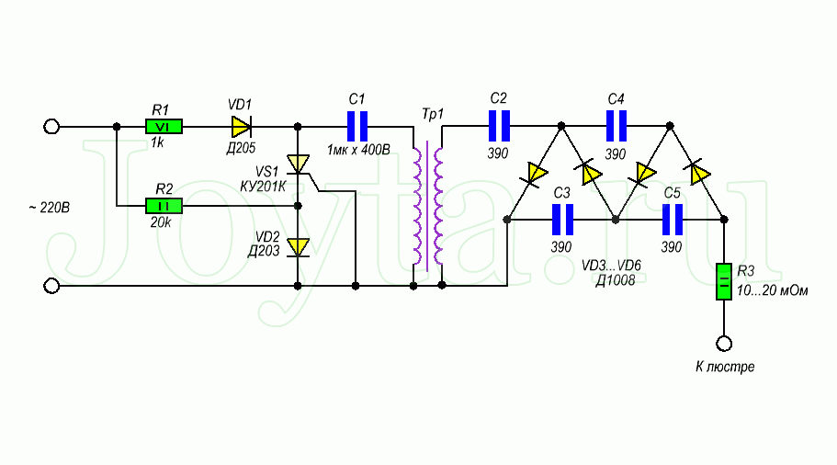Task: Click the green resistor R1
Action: pyautogui.click(x=164, y=126)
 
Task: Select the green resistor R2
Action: pyautogui.click(x=164, y=206)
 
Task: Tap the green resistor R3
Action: pyautogui.click(x=724, y=280)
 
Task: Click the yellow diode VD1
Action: pyautogui.click(x=242, y=126)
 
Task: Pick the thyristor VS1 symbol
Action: pyautogui.click(x=298, y=164)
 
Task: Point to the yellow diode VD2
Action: pyautogui.click(x=298, y=246)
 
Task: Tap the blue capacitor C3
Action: pyautogui.click(x=562, y=221)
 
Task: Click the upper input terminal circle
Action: pyautogui.click(x=52, y=126)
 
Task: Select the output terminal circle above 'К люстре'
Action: pyautogui.click(x=724, y=344)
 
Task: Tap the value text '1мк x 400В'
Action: pyautogui.click(x=358, y=149)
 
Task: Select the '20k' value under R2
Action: pyautogui.click(x=162, y=222)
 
